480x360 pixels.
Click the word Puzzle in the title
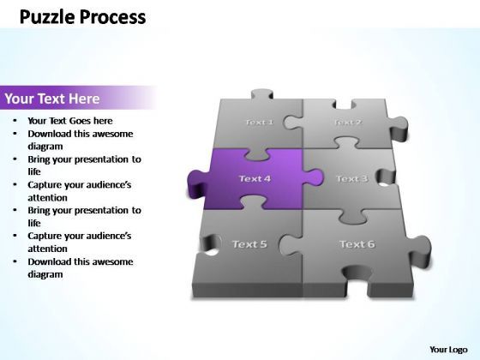(x=46, y=17)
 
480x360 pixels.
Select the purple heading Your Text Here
(x=52, y=99)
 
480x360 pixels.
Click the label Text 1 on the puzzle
(x=259, y=122)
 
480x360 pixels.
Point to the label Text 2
(x=346, y=122)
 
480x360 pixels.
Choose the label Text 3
(x=351, y=178)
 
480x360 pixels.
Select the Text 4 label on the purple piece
(x=255, y=178)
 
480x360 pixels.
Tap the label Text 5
(x=249, y=244)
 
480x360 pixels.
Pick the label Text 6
(x=357, y=244)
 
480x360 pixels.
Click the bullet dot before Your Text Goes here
(x=17, y=121)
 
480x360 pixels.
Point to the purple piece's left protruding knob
(x=196, y=180)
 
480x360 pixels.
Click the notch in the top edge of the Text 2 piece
(x=345, y=105)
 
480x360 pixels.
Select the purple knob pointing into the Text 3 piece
(x=315, y=178)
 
